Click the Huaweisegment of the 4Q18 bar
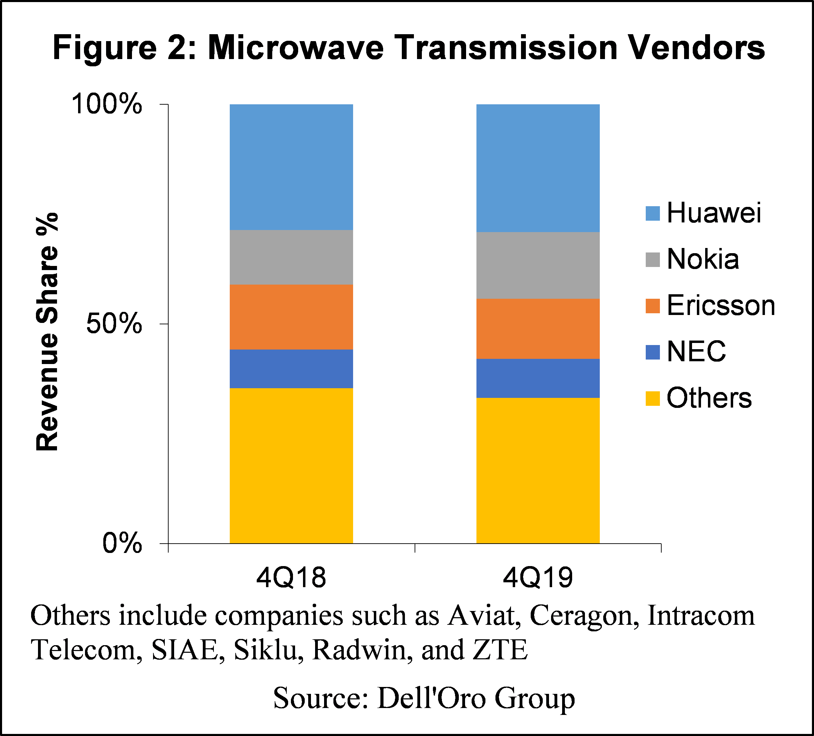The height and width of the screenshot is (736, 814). click(x=291, y=167)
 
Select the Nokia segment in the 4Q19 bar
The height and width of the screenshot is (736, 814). click(x=538, y=265)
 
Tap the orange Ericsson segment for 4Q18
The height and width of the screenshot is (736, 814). click(x=291, y=317)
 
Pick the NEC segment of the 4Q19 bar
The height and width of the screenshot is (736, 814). click(x=538, y=378)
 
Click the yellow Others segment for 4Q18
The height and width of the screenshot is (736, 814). click(x=291, y=466)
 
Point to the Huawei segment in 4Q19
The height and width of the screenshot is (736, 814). click(x=538, y=168)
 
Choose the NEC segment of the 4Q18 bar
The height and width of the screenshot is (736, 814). click(x=291, y=369)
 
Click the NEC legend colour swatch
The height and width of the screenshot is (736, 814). click(x=653, y=352)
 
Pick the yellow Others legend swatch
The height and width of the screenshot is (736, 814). click(x=653, y=399)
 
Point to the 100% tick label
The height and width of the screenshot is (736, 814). click(x=107, y=104)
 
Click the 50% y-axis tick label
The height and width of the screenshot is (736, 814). click(x=114, y=324)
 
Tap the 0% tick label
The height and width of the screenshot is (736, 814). click(x=122, y=543)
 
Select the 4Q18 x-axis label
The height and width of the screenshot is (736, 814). click(x=291, y=578)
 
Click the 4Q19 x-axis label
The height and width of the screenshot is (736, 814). click(x=538, y=578)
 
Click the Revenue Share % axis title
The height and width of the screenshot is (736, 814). click(x=47, y=332)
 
